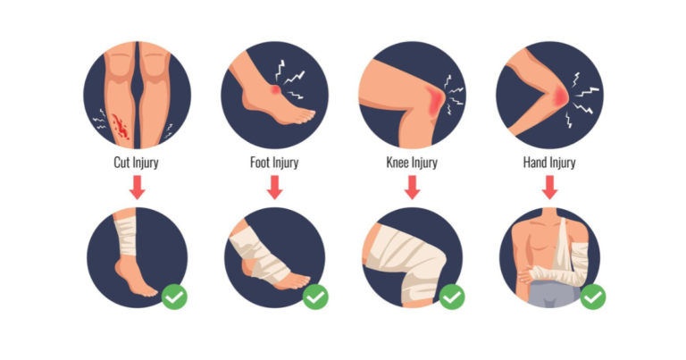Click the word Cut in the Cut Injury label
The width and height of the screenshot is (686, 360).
(x=121, y=163)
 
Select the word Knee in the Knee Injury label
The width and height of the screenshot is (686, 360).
(x=397, y=163)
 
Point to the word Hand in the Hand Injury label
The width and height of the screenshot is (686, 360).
(x=535, y=163)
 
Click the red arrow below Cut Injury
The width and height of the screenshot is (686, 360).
(x=138, y=188)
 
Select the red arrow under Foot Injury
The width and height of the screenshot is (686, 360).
(x=275, y=188)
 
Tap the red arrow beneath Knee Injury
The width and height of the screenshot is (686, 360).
(x=412, y=188)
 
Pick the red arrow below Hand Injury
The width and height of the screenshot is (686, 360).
(x=550, y=188)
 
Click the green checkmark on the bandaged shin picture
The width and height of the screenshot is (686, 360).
(x=174, y=297)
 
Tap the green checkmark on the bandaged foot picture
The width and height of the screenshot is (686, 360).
(x=315, y=297)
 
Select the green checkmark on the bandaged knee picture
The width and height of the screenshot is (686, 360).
(x=452, y=297)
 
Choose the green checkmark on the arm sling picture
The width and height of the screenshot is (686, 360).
(x=593, y=297)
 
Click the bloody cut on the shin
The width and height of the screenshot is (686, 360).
(x=120, y=127)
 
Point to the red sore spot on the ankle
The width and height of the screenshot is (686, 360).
(x=275, y=89)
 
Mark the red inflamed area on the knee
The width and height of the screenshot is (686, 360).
(x=434, y=102)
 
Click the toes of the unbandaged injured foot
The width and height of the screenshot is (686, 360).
(x=303, y=115)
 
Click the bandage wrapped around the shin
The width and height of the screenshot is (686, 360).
(x=126, y=236)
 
